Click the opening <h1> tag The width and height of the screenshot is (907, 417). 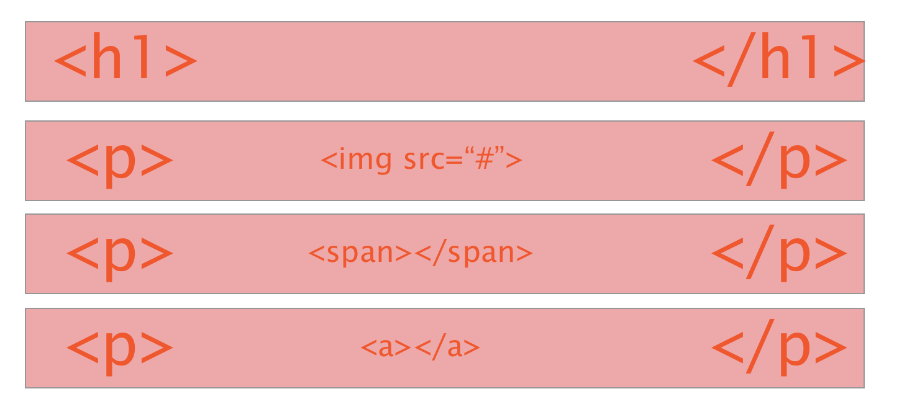point(125,56)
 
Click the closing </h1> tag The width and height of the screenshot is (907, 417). point(779,59)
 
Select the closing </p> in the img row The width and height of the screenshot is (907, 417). point(779,160)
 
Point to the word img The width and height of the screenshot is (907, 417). point(365,160)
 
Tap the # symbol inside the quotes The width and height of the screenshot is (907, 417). point(485,159)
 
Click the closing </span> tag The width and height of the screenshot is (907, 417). point(474,253)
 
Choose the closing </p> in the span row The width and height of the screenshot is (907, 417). point(779,253)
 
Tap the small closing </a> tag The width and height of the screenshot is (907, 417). point(447,347)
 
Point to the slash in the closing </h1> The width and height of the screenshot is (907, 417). point(742,59)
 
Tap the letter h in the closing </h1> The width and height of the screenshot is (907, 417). point(776,55)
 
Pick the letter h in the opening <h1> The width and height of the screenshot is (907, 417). point(107,55)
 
